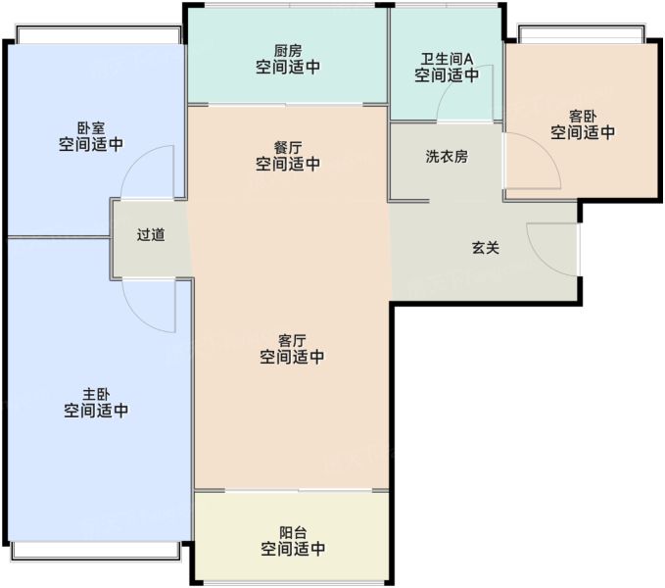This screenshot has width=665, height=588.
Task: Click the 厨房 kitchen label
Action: point(288,51)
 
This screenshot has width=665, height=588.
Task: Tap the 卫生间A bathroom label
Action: point(447,59)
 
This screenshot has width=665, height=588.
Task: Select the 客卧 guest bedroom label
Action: point(583,117)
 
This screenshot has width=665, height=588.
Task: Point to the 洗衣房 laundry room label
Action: point(447,157)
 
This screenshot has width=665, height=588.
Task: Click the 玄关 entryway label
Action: point(486,248)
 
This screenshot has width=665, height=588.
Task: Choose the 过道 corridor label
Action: point(151,234)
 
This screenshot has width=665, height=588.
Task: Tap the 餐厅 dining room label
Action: point(288,148)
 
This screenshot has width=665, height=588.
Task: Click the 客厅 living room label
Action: point(292,341)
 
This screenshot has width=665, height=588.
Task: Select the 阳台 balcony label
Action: point(293,533)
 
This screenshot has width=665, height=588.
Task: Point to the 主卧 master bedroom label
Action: point(96,394)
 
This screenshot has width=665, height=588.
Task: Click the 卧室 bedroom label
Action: point(91,128)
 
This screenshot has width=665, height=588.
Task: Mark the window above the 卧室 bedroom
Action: point(98,34)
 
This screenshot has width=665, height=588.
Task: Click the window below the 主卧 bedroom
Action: point(96,550)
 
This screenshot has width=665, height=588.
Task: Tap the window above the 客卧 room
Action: point(581,34)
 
